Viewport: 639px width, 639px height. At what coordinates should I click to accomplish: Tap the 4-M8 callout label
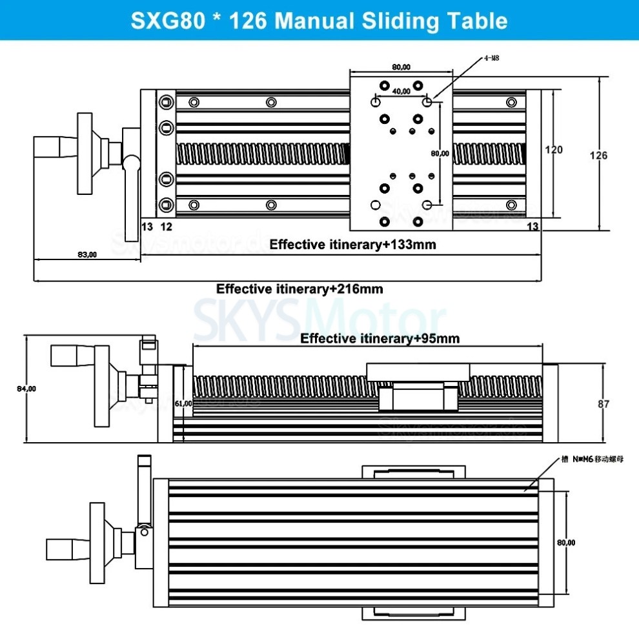492,58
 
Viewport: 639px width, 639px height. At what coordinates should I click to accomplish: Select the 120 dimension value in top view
553,150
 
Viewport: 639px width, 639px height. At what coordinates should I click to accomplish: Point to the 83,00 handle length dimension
86,254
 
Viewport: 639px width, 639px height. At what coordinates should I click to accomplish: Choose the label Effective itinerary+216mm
299,289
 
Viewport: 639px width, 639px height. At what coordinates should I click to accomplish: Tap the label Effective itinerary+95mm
380,338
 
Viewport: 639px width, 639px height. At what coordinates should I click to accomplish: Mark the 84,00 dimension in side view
26,389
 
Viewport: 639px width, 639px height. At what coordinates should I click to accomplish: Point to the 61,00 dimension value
183,403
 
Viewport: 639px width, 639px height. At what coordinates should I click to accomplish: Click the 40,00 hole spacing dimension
401,91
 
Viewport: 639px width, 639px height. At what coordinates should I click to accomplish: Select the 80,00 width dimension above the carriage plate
401,66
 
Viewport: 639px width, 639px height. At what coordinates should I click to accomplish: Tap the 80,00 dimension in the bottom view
566,543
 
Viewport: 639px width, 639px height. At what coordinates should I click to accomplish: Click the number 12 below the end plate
166,226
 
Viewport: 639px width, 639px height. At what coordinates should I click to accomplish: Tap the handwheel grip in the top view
54,148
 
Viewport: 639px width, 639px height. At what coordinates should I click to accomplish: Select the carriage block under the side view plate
418,396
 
